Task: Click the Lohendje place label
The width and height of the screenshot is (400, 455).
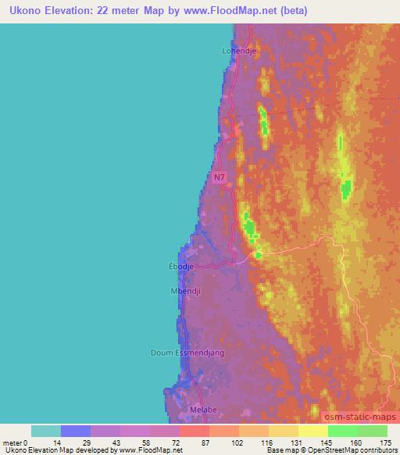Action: coord(240,51)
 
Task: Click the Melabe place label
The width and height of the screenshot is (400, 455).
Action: coord(202,408)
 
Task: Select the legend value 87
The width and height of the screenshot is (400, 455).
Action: coord(184,442)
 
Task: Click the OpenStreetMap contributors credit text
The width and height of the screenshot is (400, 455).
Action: coord(349,450)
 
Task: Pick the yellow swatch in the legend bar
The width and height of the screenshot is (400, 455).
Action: coord(313,431)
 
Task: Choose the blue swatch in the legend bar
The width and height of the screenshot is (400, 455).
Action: coord(76,431)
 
